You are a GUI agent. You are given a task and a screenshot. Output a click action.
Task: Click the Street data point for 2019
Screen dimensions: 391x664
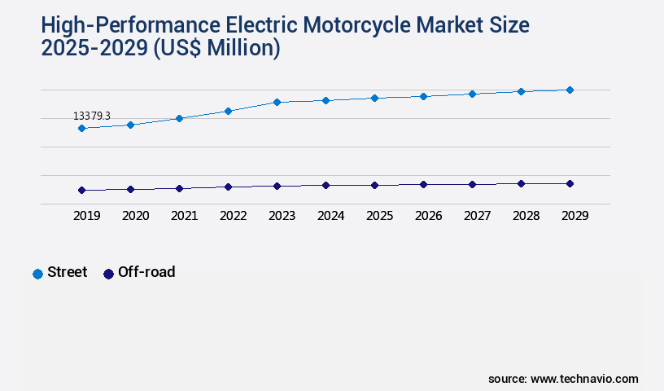tap(81, 128)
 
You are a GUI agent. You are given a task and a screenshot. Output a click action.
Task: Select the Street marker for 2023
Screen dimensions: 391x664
tap(277, 102)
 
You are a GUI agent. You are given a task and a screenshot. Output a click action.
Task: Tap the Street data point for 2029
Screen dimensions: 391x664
tap(570, 90)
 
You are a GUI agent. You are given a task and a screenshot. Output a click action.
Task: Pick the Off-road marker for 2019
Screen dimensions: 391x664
tap(81, 190)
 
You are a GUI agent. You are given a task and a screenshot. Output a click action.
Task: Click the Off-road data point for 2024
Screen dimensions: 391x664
tap(325, 185)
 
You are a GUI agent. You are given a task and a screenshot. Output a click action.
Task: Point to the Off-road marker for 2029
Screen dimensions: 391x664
tap(570, 183)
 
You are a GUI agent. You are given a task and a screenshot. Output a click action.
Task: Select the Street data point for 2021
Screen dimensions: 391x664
tap(179, 118)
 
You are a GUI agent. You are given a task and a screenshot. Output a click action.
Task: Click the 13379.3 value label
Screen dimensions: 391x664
tap(92, 116)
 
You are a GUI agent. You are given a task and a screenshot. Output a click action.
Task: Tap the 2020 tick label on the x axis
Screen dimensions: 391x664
tap(135, 216)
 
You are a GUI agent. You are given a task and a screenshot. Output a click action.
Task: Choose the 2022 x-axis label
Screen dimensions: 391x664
tap(233, 216)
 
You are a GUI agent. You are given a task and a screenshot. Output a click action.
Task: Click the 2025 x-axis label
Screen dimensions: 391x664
tap(379, 216)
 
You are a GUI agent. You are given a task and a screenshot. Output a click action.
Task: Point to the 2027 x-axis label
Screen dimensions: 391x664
tap(477, 216)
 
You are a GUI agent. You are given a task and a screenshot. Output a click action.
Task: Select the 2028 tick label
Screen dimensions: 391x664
tap(526, 216)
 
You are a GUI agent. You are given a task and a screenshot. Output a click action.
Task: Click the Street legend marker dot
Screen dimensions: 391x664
tap(37, 274)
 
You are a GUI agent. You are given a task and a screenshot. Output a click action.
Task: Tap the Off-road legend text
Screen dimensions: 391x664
tap(146, 272)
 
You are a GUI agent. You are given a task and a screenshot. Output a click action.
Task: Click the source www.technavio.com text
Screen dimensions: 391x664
tap(563, 379)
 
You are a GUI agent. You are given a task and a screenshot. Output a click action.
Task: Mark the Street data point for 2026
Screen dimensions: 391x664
tap(423, 96)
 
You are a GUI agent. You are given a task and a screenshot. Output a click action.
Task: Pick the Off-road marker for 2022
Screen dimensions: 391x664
tap(228, 187)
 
